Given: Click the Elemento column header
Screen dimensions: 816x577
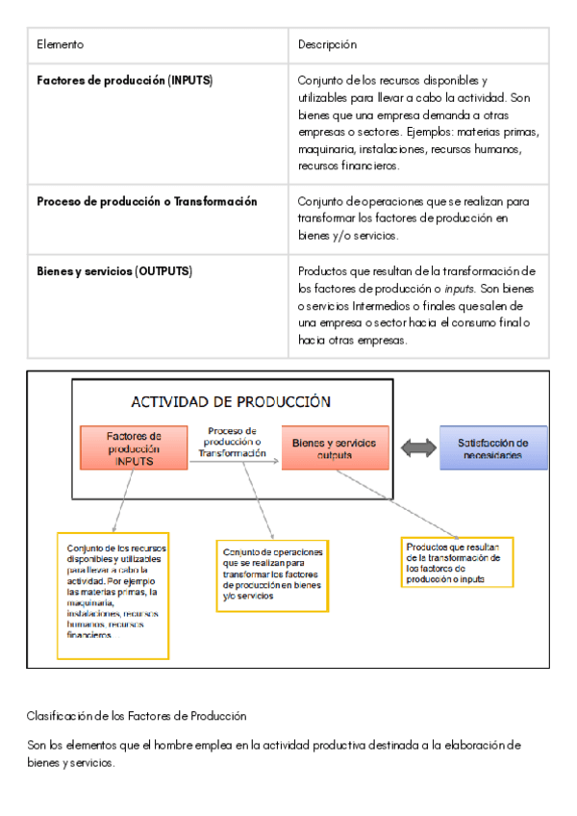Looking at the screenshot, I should (x=60, y=45).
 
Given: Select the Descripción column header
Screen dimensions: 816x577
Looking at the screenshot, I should (x=327, y=45).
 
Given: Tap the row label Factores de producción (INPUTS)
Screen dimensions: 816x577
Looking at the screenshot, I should (x=124, y=80).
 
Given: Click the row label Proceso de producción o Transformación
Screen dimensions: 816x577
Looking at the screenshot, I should (x=146, y=202).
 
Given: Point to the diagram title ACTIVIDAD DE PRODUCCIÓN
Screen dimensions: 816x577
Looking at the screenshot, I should (x=231, y=402).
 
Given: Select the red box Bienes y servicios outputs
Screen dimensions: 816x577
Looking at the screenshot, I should (x=335, y=448).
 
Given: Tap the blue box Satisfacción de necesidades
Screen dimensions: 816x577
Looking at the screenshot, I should (x=493, y=448).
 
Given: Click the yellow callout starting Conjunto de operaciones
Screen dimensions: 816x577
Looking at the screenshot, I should (x=272, y=574).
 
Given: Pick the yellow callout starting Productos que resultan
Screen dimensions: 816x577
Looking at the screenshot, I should (x=457, y=562).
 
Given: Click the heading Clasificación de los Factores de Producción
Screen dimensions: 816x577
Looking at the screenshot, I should (x=137, y=716).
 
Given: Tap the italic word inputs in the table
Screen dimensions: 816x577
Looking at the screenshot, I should (x=459, y=289).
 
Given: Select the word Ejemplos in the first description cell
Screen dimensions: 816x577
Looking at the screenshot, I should (x=432, y=132).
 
